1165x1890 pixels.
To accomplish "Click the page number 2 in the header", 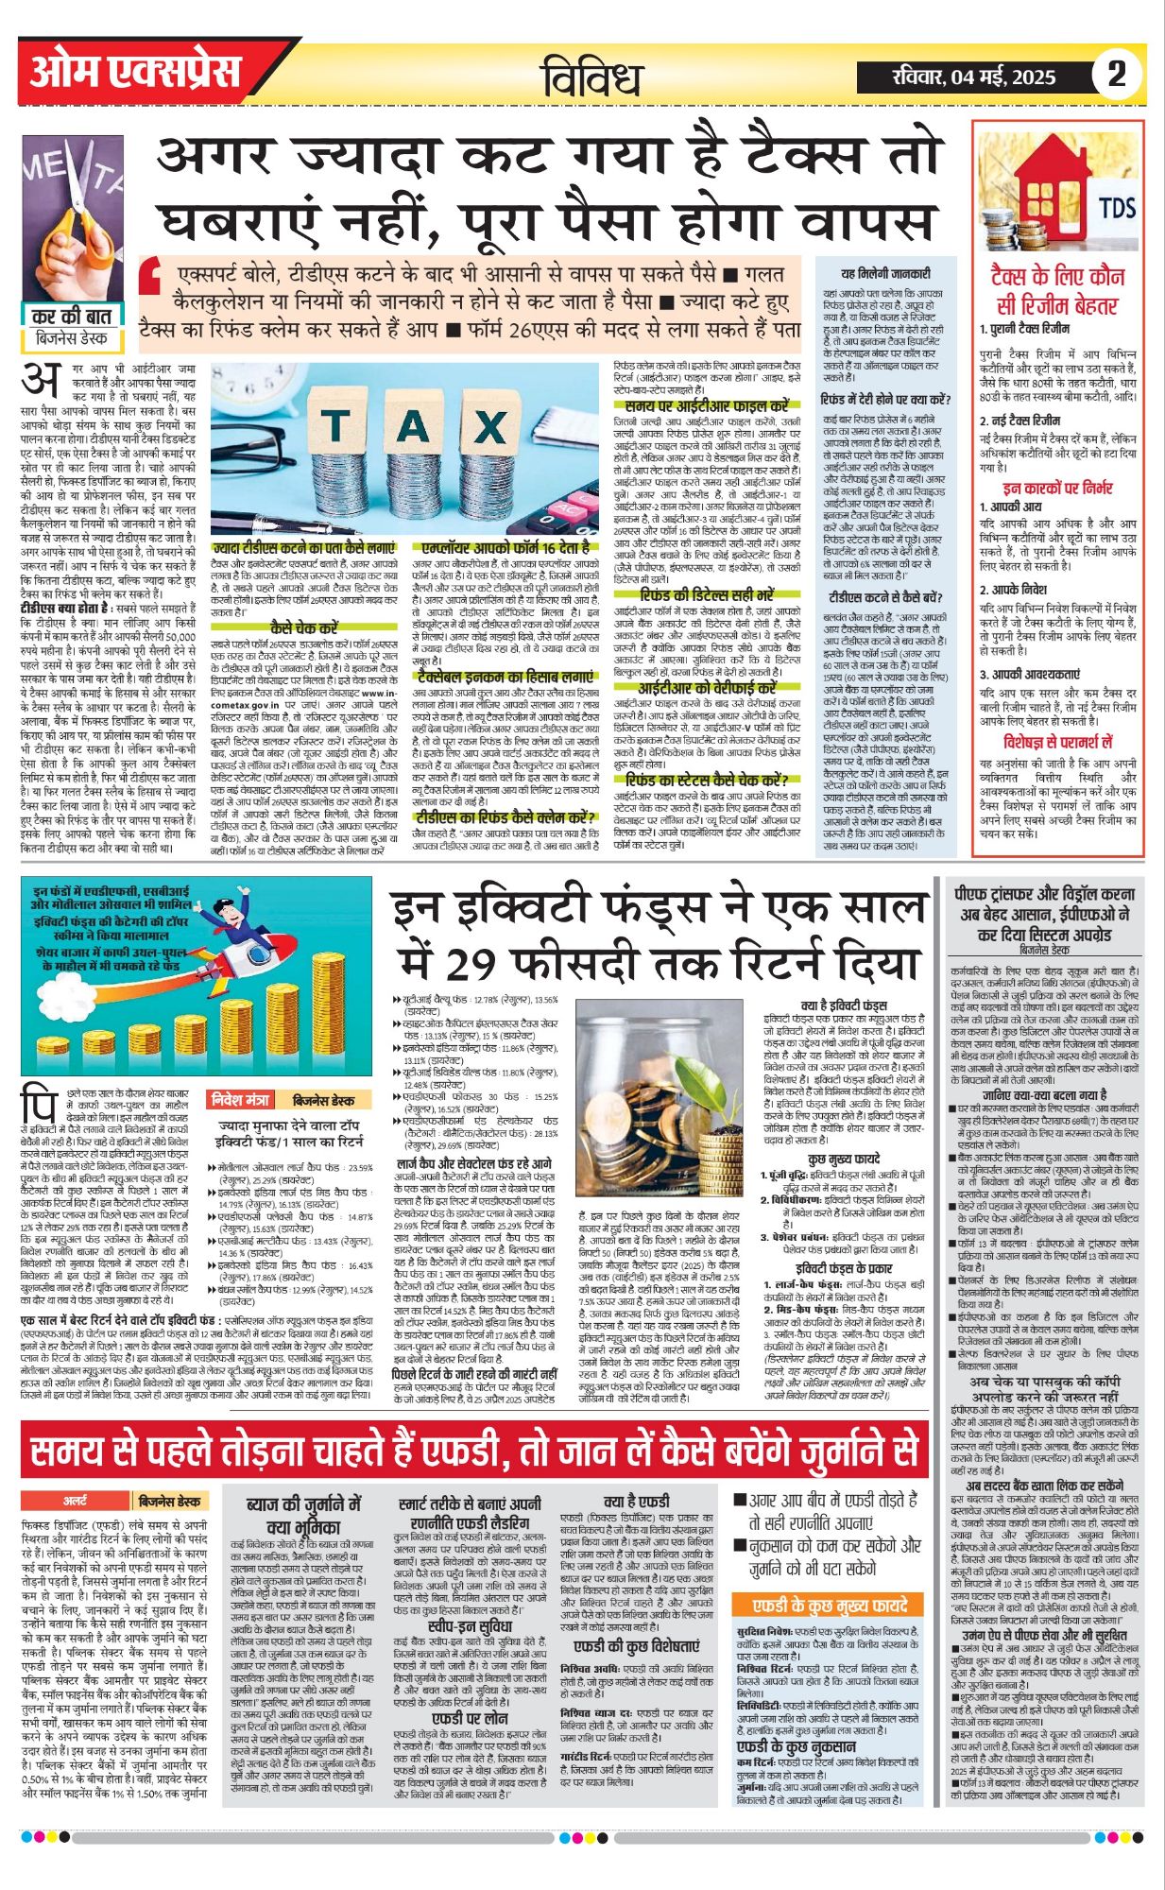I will (1117, 74).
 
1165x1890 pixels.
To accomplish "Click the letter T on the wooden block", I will (335, 427).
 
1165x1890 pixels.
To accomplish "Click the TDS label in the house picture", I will (1117, 206).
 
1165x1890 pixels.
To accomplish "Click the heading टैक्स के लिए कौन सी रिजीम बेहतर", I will (1057, 290).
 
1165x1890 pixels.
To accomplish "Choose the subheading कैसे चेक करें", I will (303, 627).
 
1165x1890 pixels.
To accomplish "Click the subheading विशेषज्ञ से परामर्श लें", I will (1057, 742).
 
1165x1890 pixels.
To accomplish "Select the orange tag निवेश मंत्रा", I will (240, 1100).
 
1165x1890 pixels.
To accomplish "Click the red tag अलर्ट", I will (76, 1501).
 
